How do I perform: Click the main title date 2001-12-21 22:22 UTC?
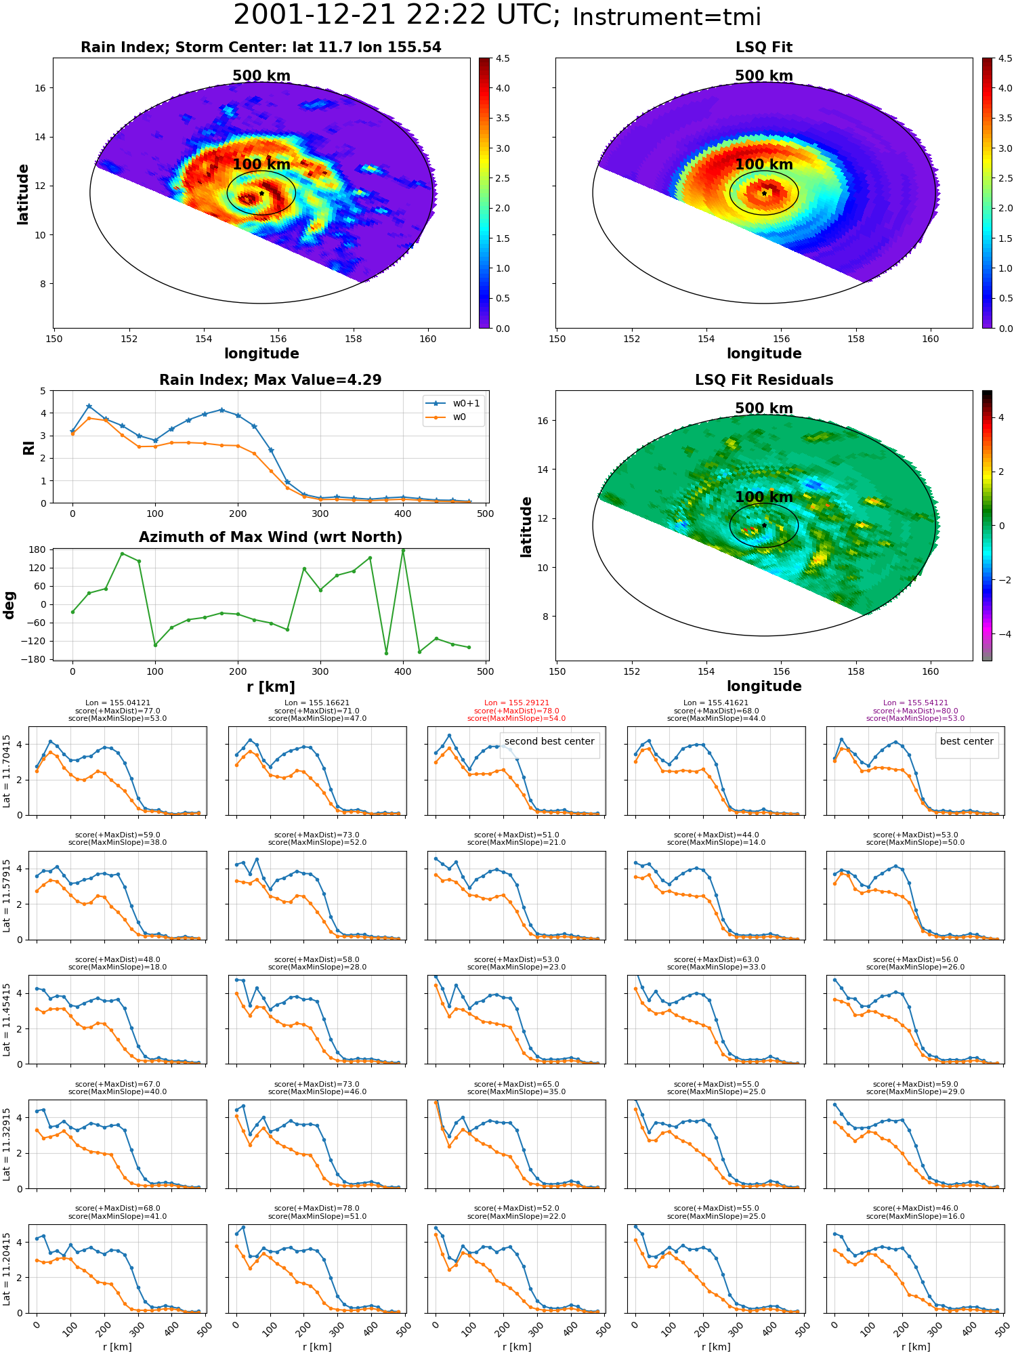pyautogui.click(x=397, y=16)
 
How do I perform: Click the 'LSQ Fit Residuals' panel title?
pyautogui.click(x=764, y=380)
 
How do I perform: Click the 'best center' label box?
pyautogui.click(x=967, y=741)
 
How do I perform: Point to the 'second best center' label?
pyautogui.click(x=549, y=741)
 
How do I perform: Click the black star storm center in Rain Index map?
pyautogui.click(x=261, y=193)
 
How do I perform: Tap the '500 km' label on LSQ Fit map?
pyautogui.click(x=764, y=76)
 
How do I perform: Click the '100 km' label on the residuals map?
pyautogui.click(x=764, y=497)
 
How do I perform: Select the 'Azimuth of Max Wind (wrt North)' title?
pyautogui.click(x=271, y=537)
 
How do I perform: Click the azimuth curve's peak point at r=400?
pyautogui.click(x=403, y=550)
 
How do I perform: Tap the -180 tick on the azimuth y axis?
pyautogui.click(x=35, y=659)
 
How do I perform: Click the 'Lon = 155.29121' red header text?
pyautogui.click(x=517, y=703)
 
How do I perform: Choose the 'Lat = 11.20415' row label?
pyautogui.click(x=7, y=1269)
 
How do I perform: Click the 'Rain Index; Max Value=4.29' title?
pyautogui.click(x=270, y=380)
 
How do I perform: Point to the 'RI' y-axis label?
pyautogui.click(x=28, y=447)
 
